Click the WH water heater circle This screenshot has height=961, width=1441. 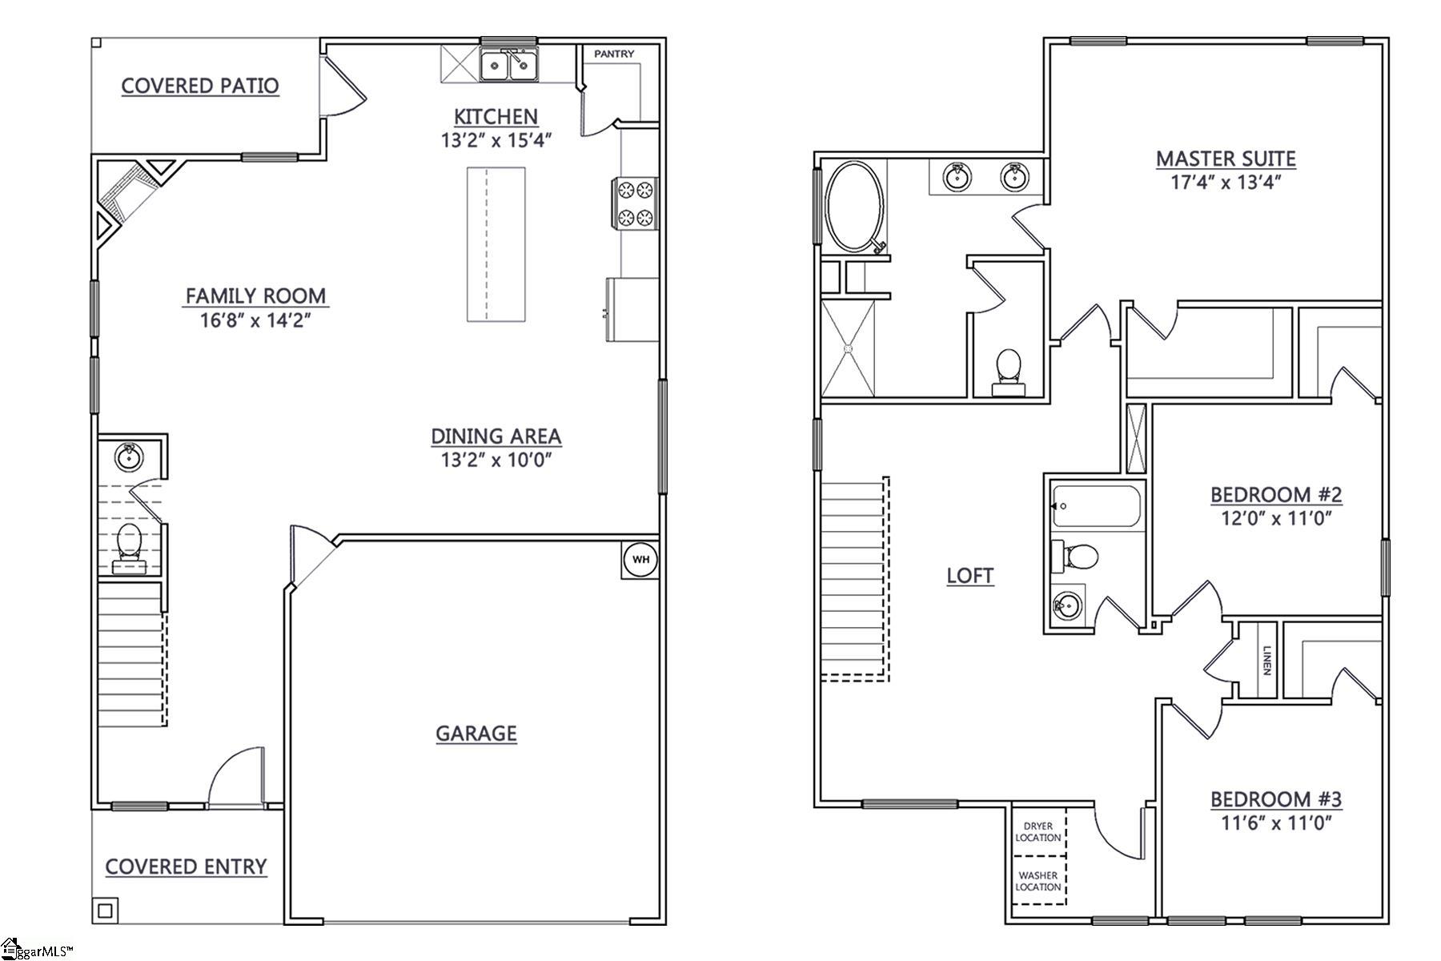pyautogui.click(x=640, y=559)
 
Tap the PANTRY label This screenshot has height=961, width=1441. pyautogui.click(x=614, y=54)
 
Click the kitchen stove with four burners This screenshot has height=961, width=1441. pyautogui.click(x=634, y=203)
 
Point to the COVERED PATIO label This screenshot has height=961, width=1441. pyautogui.click(x=200, y=86)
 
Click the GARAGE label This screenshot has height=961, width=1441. pyautogui.click(x=476, y=733)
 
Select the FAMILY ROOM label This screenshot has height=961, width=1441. pyautogui.click(x=256, y=296)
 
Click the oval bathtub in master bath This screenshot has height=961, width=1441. pyautogui.click(x=854, y=207)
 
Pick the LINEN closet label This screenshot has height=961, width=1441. pyautogui.click(x=1266, y=660)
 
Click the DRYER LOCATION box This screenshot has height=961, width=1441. pyautogui.click(x=1038, y=832)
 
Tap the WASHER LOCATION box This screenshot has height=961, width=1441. pyautogui.click(x=1038, y=881)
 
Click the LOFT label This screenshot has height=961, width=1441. pyautogui.click(x=970, y=575)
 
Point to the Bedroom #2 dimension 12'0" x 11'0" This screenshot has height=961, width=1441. pyautogui.click(x=1276, y=518)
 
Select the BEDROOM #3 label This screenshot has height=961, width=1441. pyautogui.click(x=1276, y=798)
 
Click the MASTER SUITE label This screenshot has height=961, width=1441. pyautogui.click(x=1226, y=159)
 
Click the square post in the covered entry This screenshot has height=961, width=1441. pyautogui.click(x=106, y=910)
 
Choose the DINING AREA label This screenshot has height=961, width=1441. pyautogui.click(x=496, y=436)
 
